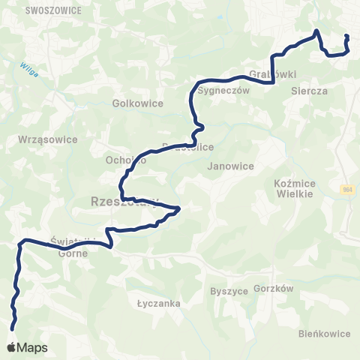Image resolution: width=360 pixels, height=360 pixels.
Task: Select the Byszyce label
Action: [229, 291]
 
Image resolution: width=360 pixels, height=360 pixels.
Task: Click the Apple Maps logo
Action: [27, 347]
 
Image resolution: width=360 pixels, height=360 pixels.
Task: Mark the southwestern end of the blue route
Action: [12, 327]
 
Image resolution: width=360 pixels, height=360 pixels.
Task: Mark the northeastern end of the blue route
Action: [346, 36]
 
